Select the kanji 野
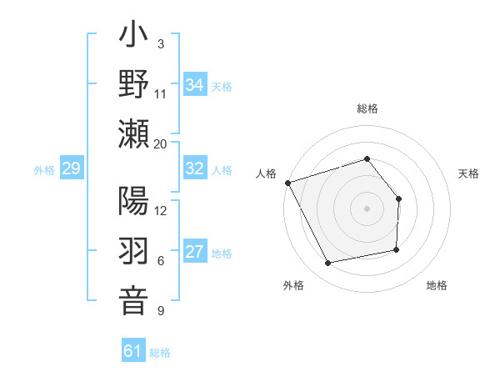(133, 86)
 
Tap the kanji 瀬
(133, 133)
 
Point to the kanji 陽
(133, 203)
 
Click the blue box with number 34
(195, 85)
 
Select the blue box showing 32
(195, 168)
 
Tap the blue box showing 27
(195, 252)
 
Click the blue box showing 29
(71, 169)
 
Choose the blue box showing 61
(133, 351)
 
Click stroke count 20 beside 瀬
(161, 143)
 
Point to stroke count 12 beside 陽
(161, 210)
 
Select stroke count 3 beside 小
(160, 44)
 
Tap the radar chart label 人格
(267, 173)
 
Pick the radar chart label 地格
(437, 285)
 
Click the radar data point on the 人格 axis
(287, 183)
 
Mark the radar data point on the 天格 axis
(399, 199)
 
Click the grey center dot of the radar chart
(367, 209)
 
